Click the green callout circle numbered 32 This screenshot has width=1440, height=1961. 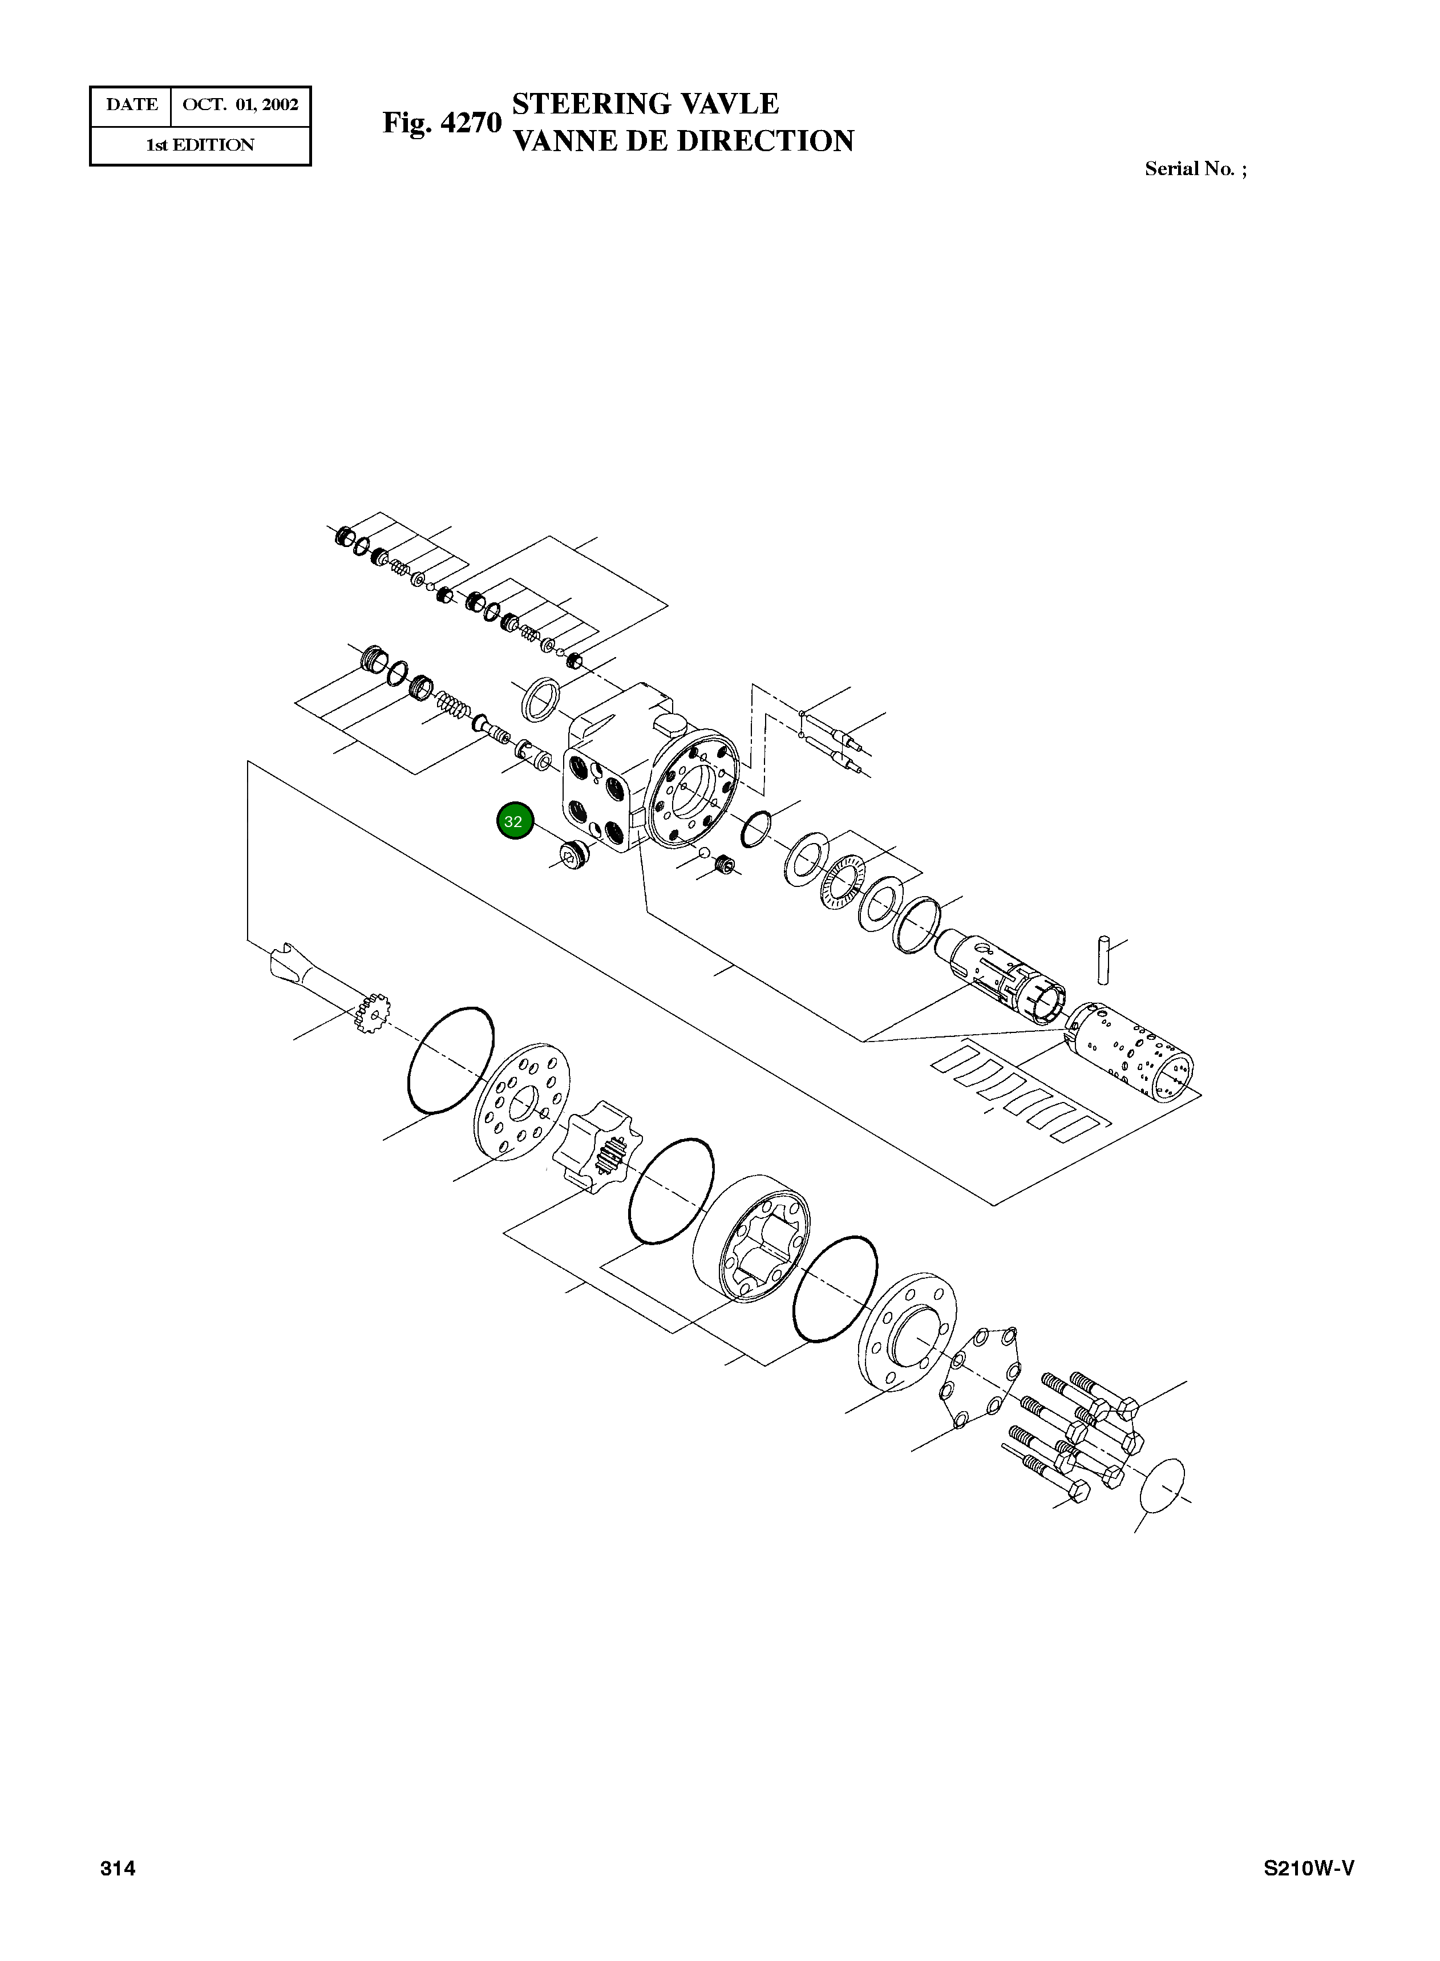tap(514, 821)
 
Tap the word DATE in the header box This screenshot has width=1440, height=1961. tap(132, 104)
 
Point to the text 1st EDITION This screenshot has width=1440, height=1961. tap(200, 145)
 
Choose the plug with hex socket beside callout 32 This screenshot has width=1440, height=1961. tap(573, 856)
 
